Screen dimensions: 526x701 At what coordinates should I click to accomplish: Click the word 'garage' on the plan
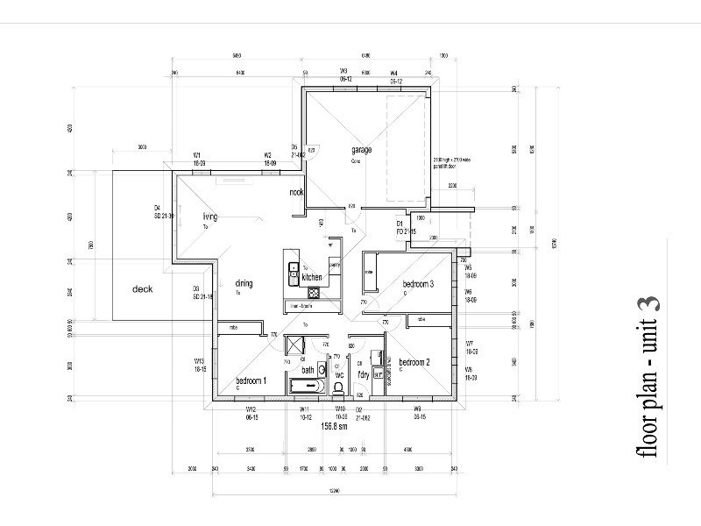362,150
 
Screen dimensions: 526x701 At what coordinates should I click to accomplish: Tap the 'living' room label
209,217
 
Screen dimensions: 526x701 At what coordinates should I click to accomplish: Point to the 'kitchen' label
312,277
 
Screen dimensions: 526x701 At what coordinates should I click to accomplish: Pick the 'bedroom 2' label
414,362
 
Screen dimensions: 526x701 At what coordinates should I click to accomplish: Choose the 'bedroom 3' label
418,284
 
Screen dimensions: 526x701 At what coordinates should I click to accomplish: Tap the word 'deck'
143,289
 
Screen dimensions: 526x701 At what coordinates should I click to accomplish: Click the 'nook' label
296,192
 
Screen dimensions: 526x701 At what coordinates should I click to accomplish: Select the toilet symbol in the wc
339,386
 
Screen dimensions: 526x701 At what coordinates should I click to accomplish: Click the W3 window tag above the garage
344,71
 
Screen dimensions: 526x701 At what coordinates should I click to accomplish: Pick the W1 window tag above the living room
198,155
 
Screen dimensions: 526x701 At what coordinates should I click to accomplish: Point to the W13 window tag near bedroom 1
199,361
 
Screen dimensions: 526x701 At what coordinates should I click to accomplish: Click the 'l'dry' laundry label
364,374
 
